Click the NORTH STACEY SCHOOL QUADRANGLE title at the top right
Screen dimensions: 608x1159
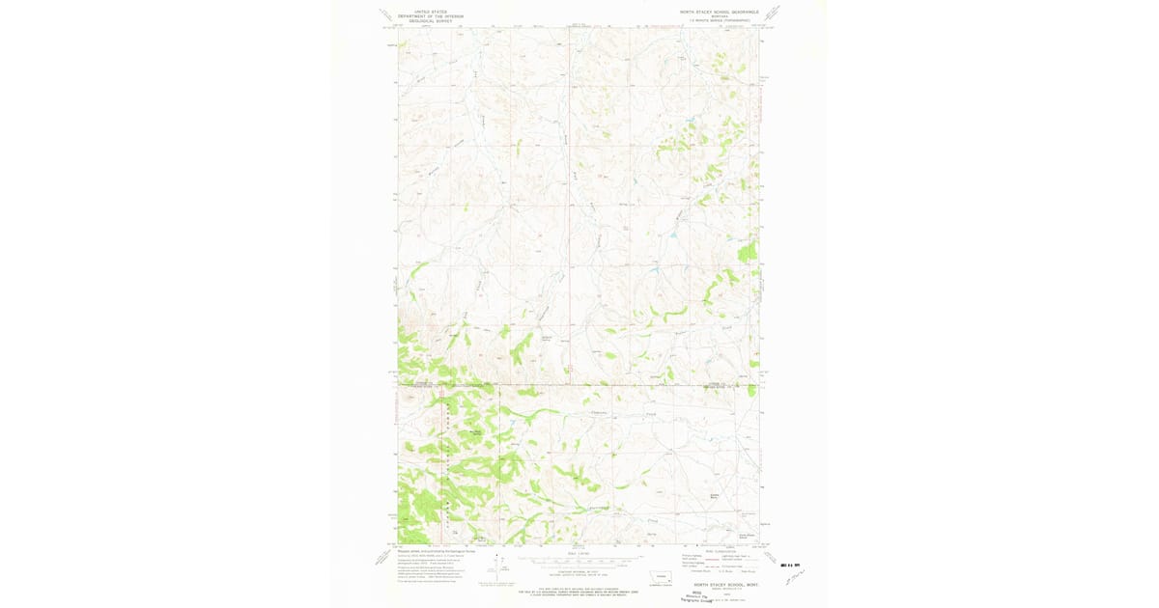(x=719, y=12)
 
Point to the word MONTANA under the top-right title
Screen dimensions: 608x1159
(x=720, y=16)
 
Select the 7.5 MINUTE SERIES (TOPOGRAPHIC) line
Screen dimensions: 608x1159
(x=720, y=20)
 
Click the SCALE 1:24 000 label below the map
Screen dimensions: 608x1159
(x=578, y=553)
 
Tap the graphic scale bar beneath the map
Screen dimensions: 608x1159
(x=578, y=561)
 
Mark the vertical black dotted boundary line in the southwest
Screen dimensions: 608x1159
(x=447, y=463)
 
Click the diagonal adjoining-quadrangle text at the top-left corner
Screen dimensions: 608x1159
(x=386, y=14)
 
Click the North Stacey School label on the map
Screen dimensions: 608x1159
(x=746, y=533)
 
